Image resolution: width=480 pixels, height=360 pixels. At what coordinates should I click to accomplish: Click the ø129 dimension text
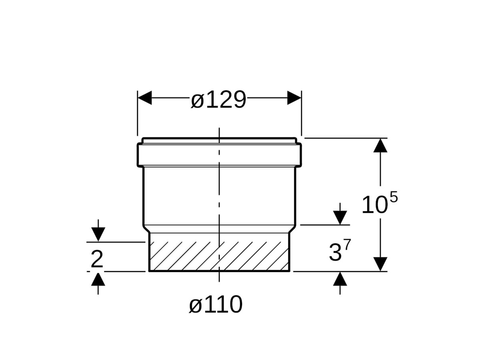coord(218,100)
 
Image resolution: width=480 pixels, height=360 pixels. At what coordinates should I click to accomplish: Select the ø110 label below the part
coord(216,305)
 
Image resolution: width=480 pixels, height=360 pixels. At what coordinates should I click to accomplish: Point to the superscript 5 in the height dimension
coord(394,198)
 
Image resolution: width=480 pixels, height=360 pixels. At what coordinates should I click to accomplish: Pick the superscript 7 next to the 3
coord(347,245)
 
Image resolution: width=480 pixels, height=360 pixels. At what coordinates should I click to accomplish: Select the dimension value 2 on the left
coord(97,260)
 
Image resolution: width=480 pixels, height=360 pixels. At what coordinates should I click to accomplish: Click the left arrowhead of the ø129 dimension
coord(144,98)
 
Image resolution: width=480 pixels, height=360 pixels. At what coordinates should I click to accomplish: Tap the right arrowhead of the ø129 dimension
coord(294,98)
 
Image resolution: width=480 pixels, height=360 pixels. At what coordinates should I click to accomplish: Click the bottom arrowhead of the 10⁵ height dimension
coord(380,264)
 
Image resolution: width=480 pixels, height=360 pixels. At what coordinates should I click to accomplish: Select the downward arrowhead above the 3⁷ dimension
coord(340,218)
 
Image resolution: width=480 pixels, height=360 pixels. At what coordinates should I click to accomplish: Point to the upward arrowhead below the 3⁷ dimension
coord(340,278)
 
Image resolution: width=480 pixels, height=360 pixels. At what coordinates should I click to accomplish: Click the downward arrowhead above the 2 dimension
coord(98,234)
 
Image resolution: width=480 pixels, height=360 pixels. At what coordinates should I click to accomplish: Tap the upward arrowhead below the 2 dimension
coord(98,279)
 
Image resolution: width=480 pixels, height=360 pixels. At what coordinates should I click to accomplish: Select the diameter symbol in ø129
coord(197,100)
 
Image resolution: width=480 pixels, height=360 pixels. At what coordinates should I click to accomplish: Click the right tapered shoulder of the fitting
coord(292,228)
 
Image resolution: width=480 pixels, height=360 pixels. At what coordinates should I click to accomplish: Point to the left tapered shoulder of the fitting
coord(146,228)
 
